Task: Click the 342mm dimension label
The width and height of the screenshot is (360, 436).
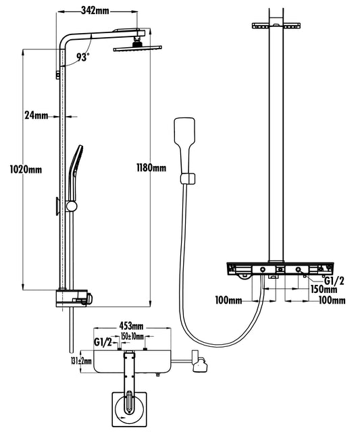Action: [x=95, y=11]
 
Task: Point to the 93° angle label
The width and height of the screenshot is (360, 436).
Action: [x=83, y=57]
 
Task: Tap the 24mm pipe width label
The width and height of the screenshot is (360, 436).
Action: [x=36, y=115]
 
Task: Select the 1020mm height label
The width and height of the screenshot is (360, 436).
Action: [x=26, y=169]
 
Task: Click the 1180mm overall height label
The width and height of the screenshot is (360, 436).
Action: [x=151, y=167]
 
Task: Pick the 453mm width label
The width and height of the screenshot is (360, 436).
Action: [x=131, y=325]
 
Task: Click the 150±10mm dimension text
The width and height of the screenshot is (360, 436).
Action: [x=132, y=337]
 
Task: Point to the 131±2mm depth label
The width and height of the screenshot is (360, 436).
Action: [x=81, y=361]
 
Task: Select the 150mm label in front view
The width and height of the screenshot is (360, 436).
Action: [x=324, y=289]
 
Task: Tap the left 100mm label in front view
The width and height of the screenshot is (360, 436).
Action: [x=229, y=300]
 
